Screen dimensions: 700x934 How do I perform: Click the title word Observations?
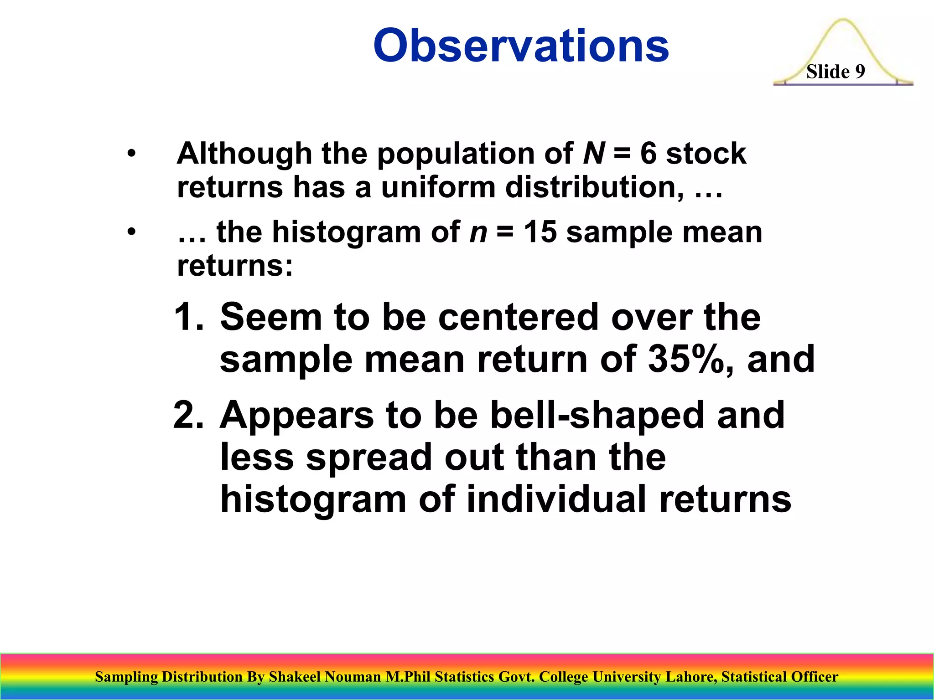(x=521, y=46)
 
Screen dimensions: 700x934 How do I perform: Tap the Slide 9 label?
(x=835, y=72)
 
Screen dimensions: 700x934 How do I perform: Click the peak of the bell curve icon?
(x=843, y=21)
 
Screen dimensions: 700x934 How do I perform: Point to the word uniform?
(x=438, y=187)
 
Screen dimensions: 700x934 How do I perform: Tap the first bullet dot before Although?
(x=132, y=154)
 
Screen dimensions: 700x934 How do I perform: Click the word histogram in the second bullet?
(x=347, y=233)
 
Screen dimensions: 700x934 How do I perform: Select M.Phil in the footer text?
(x=408, y=677)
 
